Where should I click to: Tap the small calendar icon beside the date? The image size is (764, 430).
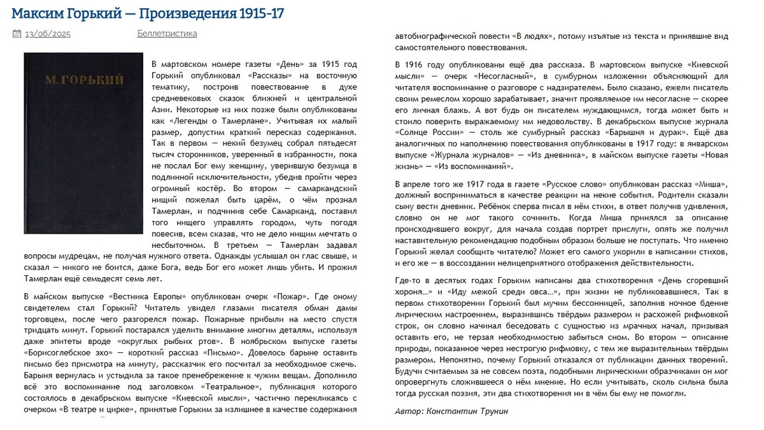(x=17, y=34)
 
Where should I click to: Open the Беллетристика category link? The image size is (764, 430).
(x=167, y=34)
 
